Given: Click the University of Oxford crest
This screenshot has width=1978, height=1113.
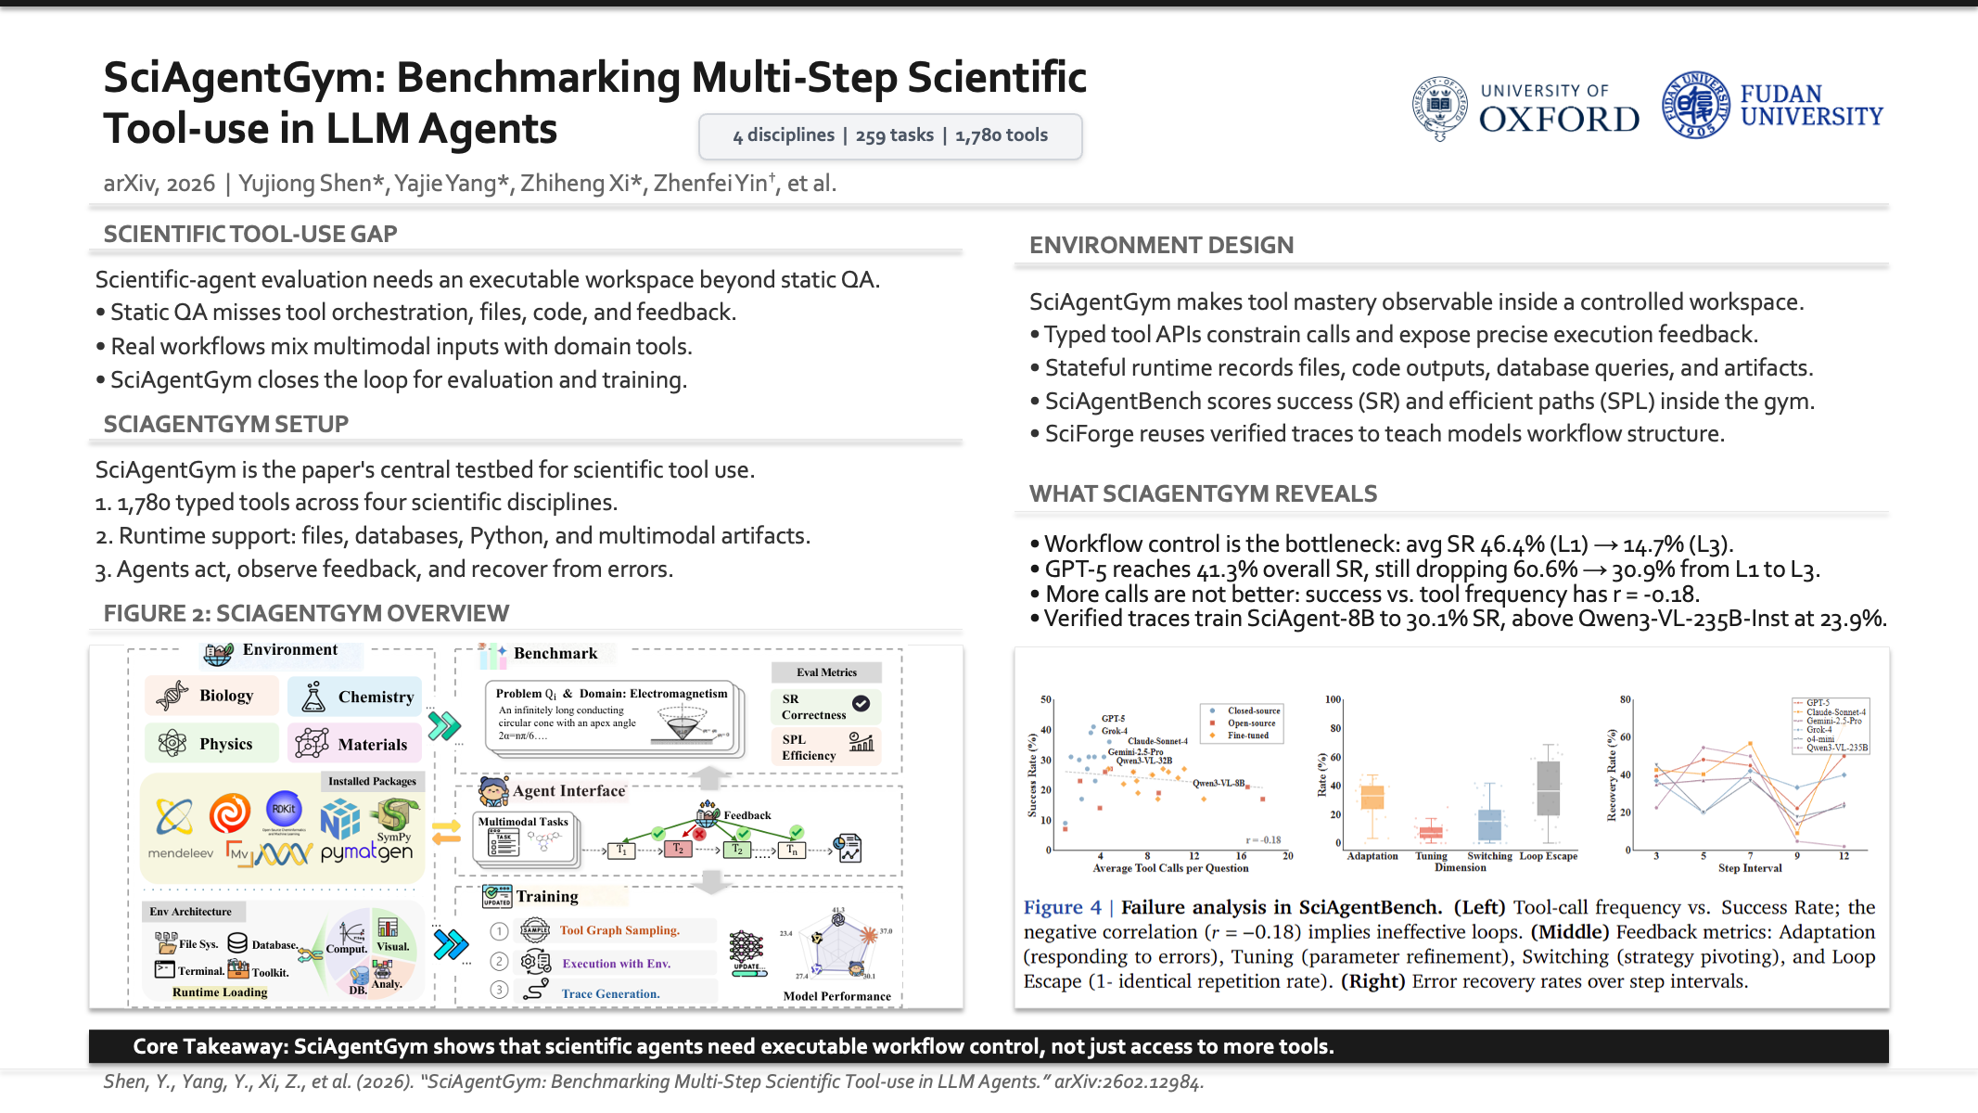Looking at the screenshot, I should pyautogui.click(x=1439, y=108).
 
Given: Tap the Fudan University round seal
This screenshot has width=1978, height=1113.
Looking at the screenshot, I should pyautogui.click(x=1695, y=106).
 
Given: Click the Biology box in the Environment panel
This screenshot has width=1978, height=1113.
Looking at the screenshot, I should pyautogui.click(x=211, y=696).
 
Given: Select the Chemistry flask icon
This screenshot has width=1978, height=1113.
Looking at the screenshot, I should pyautogui.click(x=313, y=697).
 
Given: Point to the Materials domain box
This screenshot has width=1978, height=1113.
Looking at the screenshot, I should pyautogui.click(x=353, y=744).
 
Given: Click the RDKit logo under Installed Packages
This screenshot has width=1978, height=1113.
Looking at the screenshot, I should pyautogui.click(x=284, y=809).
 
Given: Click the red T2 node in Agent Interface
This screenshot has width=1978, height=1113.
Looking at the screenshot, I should pyautogui.click(x=678, y=850).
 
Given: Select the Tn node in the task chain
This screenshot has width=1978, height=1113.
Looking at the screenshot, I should pyautogui.click(x=791, y=850).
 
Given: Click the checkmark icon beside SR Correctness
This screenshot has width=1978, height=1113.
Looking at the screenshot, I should pyautogui.click(x=861, y=704).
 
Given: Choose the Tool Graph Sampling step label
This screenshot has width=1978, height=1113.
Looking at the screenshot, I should pyautogui.click(x=619, y=930).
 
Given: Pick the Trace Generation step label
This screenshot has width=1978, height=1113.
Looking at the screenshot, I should pyautogui.click(x=610, y=993).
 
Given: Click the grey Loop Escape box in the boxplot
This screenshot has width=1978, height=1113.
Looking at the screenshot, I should pyautogui.click(x=1548, y=788).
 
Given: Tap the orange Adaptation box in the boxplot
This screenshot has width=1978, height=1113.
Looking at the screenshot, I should pyautogui.click(x=1372, y=797).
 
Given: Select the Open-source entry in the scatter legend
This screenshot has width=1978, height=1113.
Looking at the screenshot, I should pyautogui.click(x=1251, y=723).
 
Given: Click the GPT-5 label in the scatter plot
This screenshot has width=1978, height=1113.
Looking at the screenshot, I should pyautogui.click(x=1113, y=719).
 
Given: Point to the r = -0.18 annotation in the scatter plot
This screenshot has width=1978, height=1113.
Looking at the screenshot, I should pyautogui.click(x=1263, y=840).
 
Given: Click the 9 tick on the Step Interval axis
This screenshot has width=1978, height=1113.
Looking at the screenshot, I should pyautogui.click(x=1796, y=856).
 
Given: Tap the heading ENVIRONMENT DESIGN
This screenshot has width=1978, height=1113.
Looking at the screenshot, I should pyautogui.click(x=1161, y=246).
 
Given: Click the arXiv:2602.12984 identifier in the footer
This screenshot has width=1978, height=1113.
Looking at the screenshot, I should pyautogui.click(x=1129, y=1082).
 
